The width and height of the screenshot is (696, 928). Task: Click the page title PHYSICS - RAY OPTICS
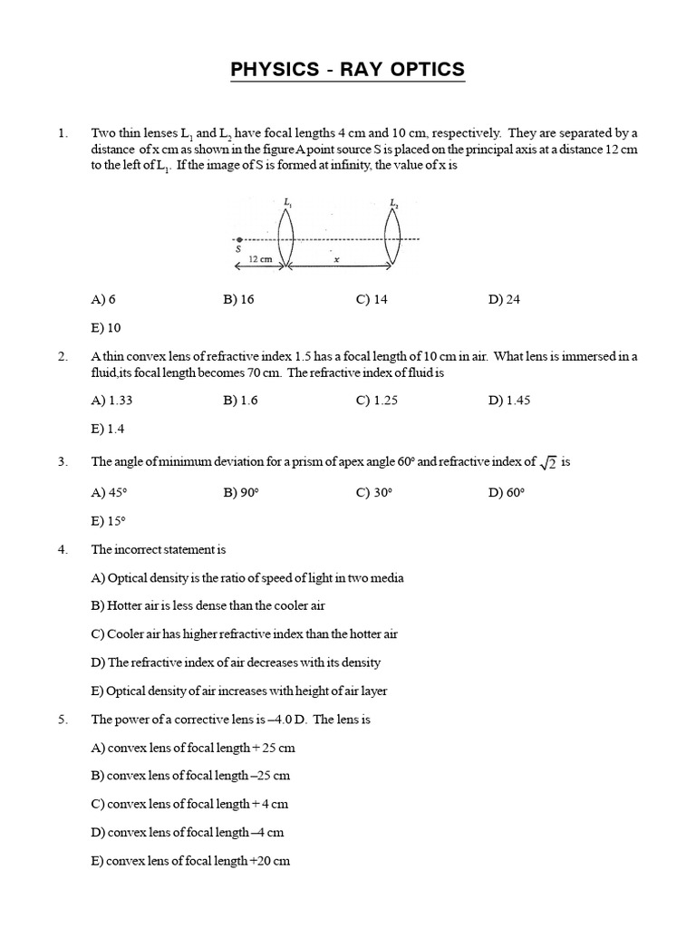point(347,69)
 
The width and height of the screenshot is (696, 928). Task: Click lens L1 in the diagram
point(285,238)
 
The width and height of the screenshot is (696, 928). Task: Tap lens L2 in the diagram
point(392,238)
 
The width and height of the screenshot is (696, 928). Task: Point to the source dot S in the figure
point(238,239)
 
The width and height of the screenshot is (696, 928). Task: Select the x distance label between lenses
point(336,258)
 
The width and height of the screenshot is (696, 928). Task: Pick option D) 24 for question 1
point(504,300)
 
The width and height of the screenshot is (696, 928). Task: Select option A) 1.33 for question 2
point(112,401)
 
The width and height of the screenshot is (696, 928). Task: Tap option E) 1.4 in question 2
point(108,429)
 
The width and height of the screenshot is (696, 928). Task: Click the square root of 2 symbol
point(548,463)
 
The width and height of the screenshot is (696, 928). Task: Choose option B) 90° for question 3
point(241,492)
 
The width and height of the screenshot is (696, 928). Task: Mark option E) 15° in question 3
point(108,521)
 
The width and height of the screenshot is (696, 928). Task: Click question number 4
point(63,549)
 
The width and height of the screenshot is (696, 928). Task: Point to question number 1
point(63,133)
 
